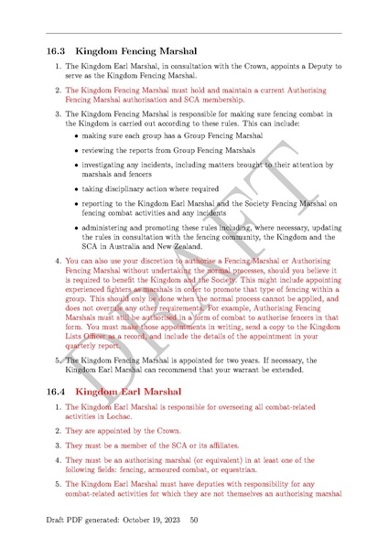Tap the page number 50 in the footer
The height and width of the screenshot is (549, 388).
click(x=194, y=521)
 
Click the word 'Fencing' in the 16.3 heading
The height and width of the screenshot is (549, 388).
click(x=155, y=53)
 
